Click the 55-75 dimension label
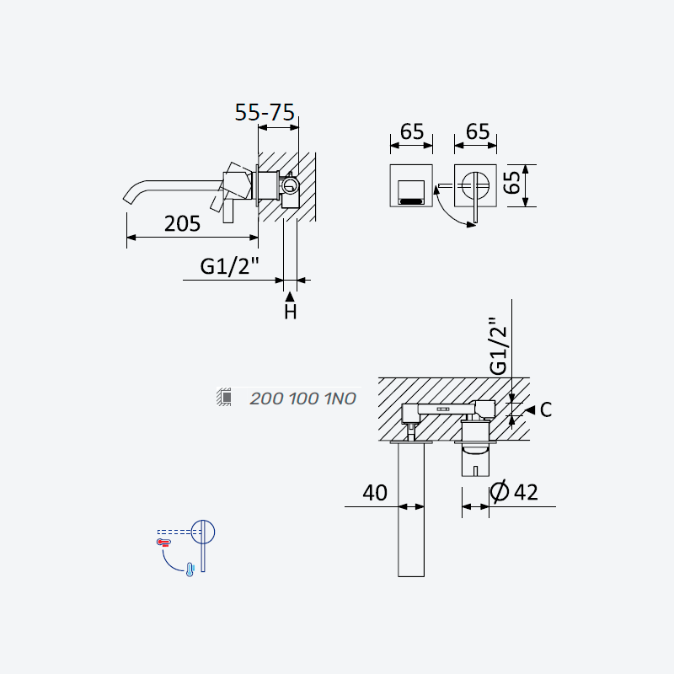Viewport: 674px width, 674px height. point(265,113)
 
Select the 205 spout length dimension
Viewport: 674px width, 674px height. point(182,224)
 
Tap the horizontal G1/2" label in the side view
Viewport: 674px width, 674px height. point(229,266)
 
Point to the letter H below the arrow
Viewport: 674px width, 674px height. point(291,312)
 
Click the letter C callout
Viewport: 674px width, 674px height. point(545,410)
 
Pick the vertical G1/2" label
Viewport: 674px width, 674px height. point(498,346)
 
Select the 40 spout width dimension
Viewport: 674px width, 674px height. point(375,493)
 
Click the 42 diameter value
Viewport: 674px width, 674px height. point(526,492)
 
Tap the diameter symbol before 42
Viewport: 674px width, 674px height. point(500,492)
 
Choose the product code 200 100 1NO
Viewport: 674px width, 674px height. point(302,399)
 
